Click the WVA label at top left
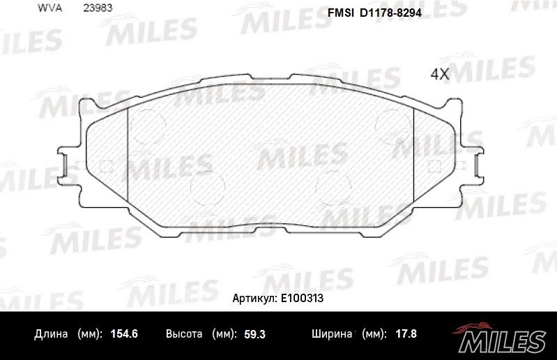coord(49,8)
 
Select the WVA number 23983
coord(98,8)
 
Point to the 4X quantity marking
coord(440,73)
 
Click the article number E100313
coord(302,298)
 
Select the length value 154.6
coord(124,333)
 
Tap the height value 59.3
coord(254,334)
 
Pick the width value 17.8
coord(406,333)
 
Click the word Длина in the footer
coord(51,334)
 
